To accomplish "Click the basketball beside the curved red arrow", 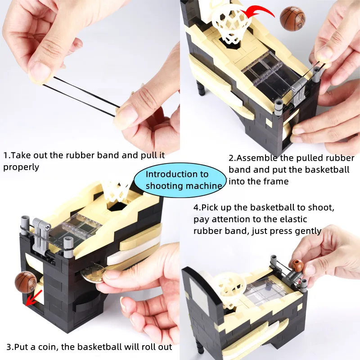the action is coord(292,18).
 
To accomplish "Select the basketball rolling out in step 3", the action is coord(26,282).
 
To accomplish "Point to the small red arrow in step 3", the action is coord(33,298).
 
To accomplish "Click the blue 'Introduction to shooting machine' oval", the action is coord(180,180).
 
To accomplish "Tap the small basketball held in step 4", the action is coord(297,265).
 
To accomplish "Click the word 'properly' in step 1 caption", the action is coord(21,167).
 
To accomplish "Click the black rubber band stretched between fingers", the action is coord(81,96).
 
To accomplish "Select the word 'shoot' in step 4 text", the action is coord(321,207).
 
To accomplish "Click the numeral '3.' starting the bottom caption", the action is coord(10,347).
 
